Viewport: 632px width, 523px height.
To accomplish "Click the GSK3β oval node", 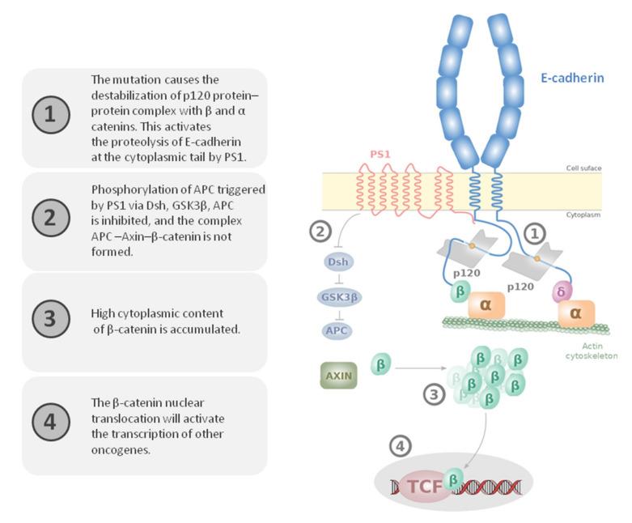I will (x=338, y=296).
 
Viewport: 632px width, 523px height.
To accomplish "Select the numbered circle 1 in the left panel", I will (x=49, y=117).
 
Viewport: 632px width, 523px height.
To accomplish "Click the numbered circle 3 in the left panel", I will (x=49, y=317).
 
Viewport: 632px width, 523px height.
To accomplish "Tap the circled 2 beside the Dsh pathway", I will (x=321, y=231).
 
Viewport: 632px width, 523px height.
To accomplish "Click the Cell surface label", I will (x=583, y=168).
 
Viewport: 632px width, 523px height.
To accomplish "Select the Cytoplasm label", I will (x=584, y=216).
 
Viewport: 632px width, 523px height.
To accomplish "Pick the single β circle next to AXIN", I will (x=382, y=364).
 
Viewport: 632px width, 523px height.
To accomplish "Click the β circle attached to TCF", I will (x=455, y=483).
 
